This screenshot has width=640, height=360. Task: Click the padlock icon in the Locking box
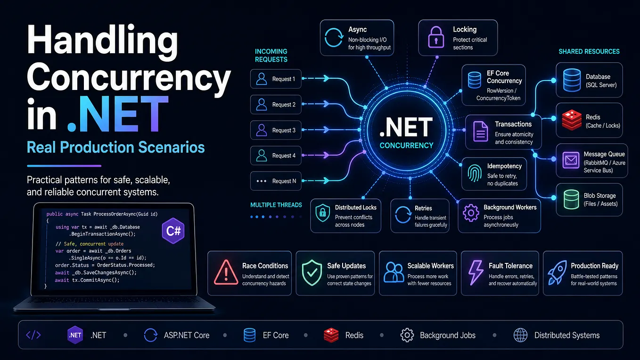(436, 37)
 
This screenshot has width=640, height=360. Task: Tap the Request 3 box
(276, 130)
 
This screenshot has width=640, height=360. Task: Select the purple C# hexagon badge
(173, 230)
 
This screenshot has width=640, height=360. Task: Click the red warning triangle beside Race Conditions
(226, 272)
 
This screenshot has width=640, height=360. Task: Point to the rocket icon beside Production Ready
(557, 272)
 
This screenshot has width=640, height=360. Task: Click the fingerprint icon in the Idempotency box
(475, 173)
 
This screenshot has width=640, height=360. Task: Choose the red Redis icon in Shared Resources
(572, 120)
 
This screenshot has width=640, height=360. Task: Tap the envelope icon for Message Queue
(571, 160)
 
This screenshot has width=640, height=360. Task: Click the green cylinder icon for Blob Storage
(571, 199)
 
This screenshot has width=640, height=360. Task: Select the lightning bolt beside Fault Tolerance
(476, 272)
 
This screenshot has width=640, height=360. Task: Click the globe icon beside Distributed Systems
(521, 335)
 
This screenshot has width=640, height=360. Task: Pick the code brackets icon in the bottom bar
(33, 335)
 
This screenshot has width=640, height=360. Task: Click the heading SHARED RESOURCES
(589, 51)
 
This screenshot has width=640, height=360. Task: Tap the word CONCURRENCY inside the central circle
(406, 146)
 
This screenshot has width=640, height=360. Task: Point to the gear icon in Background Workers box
(471, 213)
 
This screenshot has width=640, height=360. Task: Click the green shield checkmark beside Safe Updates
(312, 272)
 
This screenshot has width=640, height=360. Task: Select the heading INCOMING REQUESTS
(271, 56)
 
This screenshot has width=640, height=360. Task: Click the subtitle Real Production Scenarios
(116, 147)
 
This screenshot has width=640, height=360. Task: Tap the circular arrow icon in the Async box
(334, 37)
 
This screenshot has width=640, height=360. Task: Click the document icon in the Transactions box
(481, 132)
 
